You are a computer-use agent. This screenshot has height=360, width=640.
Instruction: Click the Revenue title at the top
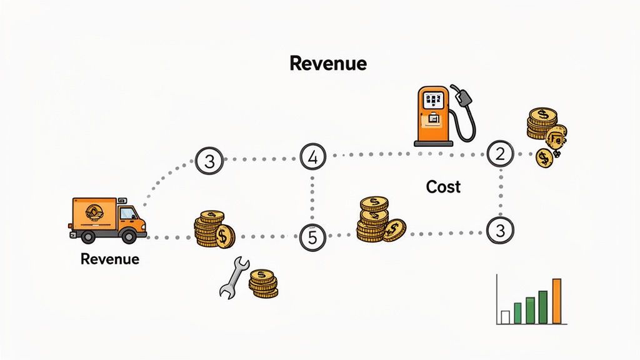328,63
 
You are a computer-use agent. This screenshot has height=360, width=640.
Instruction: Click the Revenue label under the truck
110,259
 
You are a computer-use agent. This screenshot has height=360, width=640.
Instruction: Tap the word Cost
443,186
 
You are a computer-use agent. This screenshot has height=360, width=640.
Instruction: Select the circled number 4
313,158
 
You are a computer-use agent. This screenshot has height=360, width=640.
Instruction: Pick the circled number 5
312,237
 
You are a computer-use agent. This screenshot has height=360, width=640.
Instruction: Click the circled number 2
500,154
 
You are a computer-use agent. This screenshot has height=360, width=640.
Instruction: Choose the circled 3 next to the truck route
209,161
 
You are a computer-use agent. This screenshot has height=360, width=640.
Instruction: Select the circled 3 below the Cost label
499,230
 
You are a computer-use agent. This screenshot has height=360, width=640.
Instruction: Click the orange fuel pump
433,116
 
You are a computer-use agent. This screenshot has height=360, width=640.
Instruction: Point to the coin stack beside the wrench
262,284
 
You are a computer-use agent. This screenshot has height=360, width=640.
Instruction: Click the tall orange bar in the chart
557,301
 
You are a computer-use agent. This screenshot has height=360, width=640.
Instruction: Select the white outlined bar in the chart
505,317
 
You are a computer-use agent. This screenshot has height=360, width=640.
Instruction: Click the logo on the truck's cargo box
94,212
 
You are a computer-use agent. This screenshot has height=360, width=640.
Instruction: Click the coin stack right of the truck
213,229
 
